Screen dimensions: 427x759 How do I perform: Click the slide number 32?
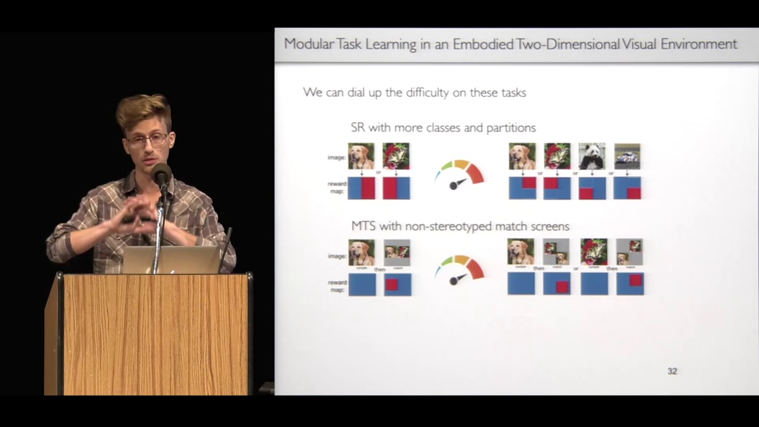pyautogui.click(x=672, y=371)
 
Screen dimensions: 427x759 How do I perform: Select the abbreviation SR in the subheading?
pyautogui.click(x=358, y=128)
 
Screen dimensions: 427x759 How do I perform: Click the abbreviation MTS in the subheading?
pyautogui.click(x=362, y=226)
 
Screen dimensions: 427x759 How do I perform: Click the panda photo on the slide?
pyautogui.click(x=591, y=156)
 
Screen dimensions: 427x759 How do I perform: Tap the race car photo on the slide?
pyautogui.click(x=627, y=156)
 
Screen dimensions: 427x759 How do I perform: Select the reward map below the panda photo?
pyautogui.click(x=591, y=188)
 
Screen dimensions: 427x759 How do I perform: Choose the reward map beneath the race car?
pyautogui.click(x=627, y=188)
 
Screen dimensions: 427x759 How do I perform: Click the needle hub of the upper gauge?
pyautogui.click(x=454, y=186)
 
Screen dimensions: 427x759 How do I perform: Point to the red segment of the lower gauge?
pyautogui.click(x=475, y=269)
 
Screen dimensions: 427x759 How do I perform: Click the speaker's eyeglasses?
pyautogui.click(x=146, y=141)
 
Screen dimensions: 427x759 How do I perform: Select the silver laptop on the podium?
pyautogui.click(x=172, y=260)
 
